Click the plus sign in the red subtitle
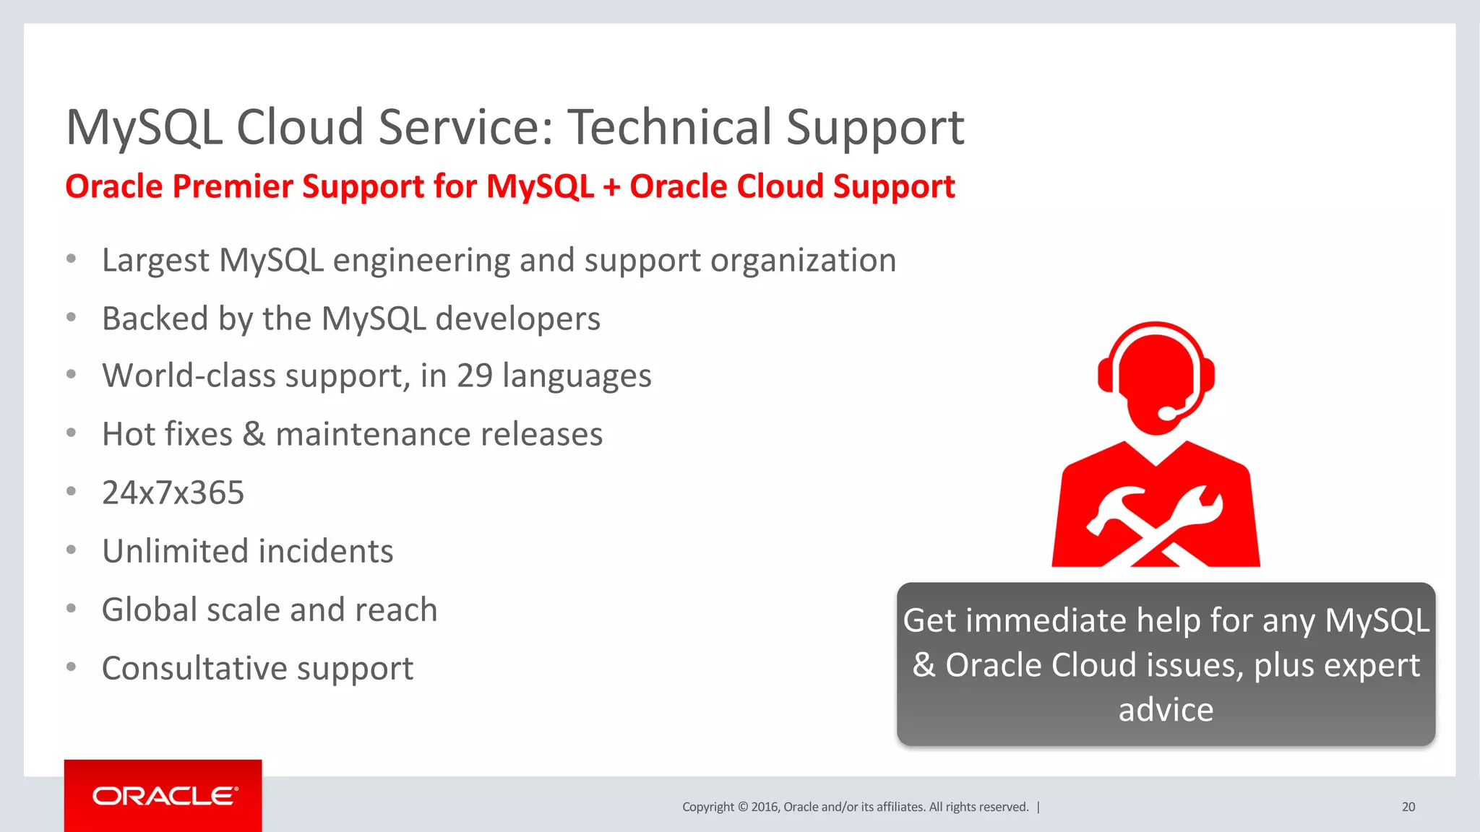pyautogui.click(x=611, y=187)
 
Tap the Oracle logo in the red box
pyautogui.click(x=164, y=796)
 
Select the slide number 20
pyautogui.click(x=1408, y=807)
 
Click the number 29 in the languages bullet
pyautogui.click(x=475, y=376)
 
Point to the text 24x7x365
pyautogui.click(x=173, y=493)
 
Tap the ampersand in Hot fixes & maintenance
pyautogui.click(x=253, y=434)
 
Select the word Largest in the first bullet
pyautogui.click(x=155, y=260)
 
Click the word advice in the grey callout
pyautogui.click(x=1166, y=709)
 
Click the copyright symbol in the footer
pyautogui.click(x=742, y=807)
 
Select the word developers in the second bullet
pyautogui.click(x=517, y=318)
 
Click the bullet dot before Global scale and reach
pyautogui.click(x=71, y=609)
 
